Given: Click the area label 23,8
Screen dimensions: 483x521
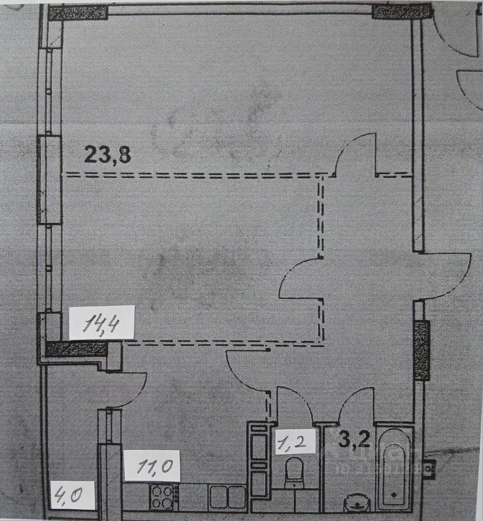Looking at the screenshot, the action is [x=108, y=155].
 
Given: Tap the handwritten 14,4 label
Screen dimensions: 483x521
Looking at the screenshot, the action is [x=101, y=325].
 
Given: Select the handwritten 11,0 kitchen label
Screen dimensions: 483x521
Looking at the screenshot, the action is [x=151, y=465].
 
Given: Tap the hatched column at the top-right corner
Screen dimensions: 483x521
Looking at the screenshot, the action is [x=401, y=11].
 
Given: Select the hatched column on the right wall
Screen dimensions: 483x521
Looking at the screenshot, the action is [x=421, y=350].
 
